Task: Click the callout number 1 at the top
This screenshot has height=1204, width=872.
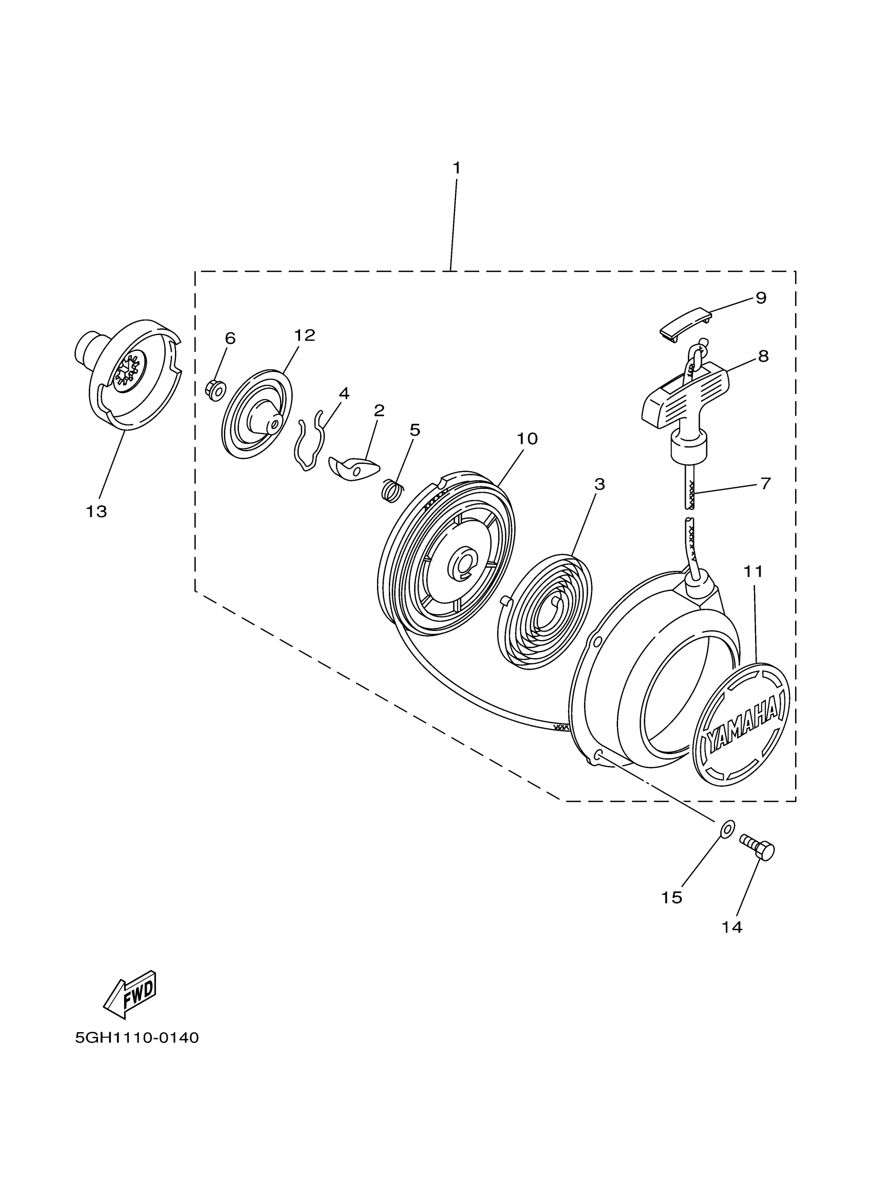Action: pyautogui.click(x=456, y=168)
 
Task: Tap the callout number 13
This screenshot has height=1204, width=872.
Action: pyautogui.click(x=96, y=512)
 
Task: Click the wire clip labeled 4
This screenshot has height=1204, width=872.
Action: pyautogui.click(x=309, y=440)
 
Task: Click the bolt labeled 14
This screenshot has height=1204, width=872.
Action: pyautogui.click(x=758, y=852)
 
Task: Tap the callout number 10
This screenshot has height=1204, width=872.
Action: pyautogui.click(x=527, y=439)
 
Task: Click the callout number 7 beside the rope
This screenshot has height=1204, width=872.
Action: pyautogui.click(x=765, y=484)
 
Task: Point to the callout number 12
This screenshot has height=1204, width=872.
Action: pyautogui.click(x=305, y=335)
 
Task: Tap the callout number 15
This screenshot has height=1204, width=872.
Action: pyautogui.click(x=671, y=898)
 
